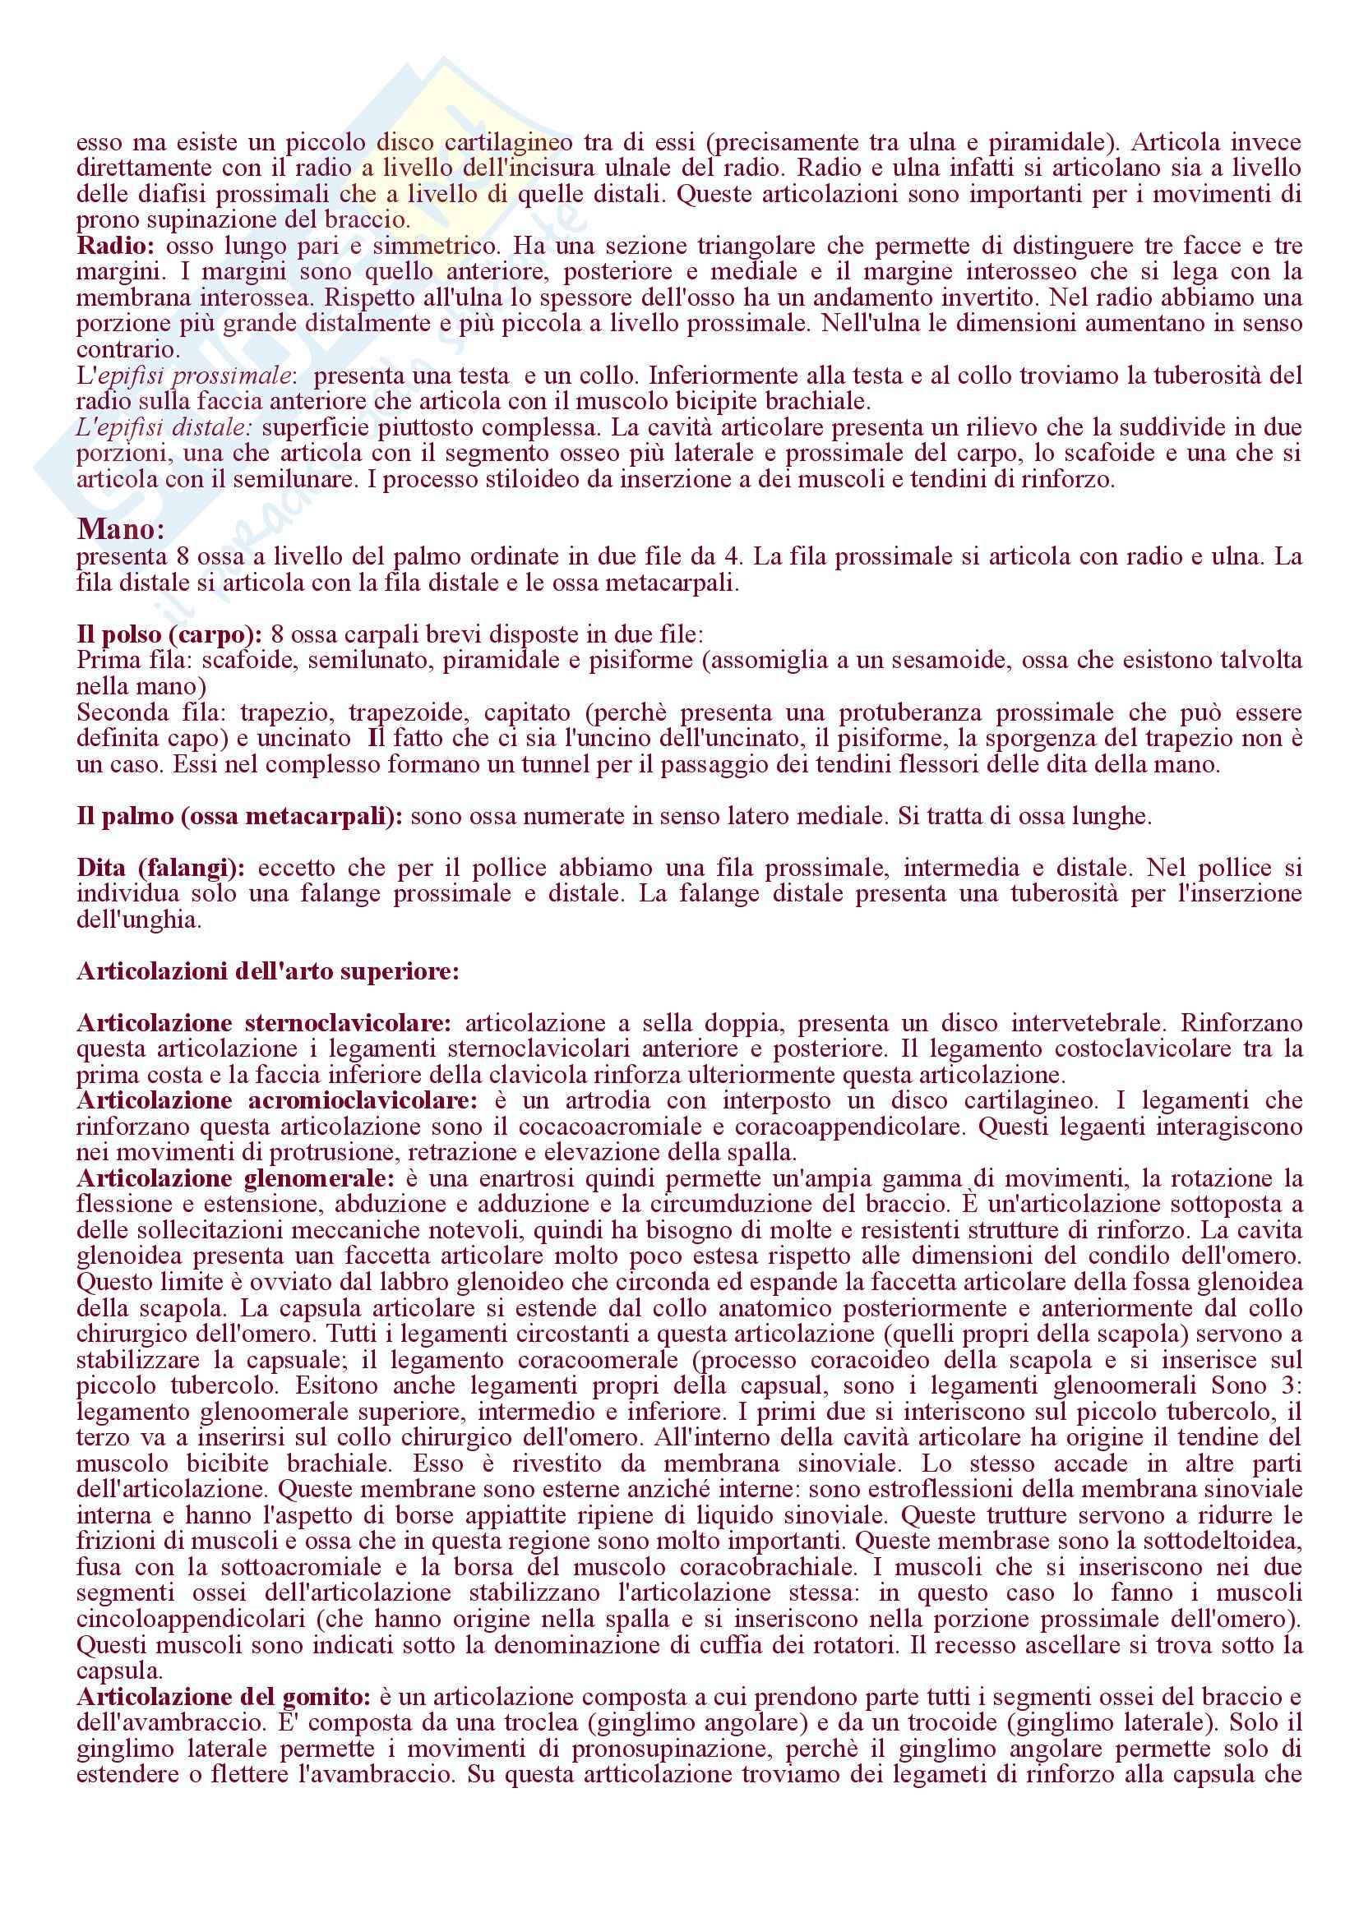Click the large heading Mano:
121,530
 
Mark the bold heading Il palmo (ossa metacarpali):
239,816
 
